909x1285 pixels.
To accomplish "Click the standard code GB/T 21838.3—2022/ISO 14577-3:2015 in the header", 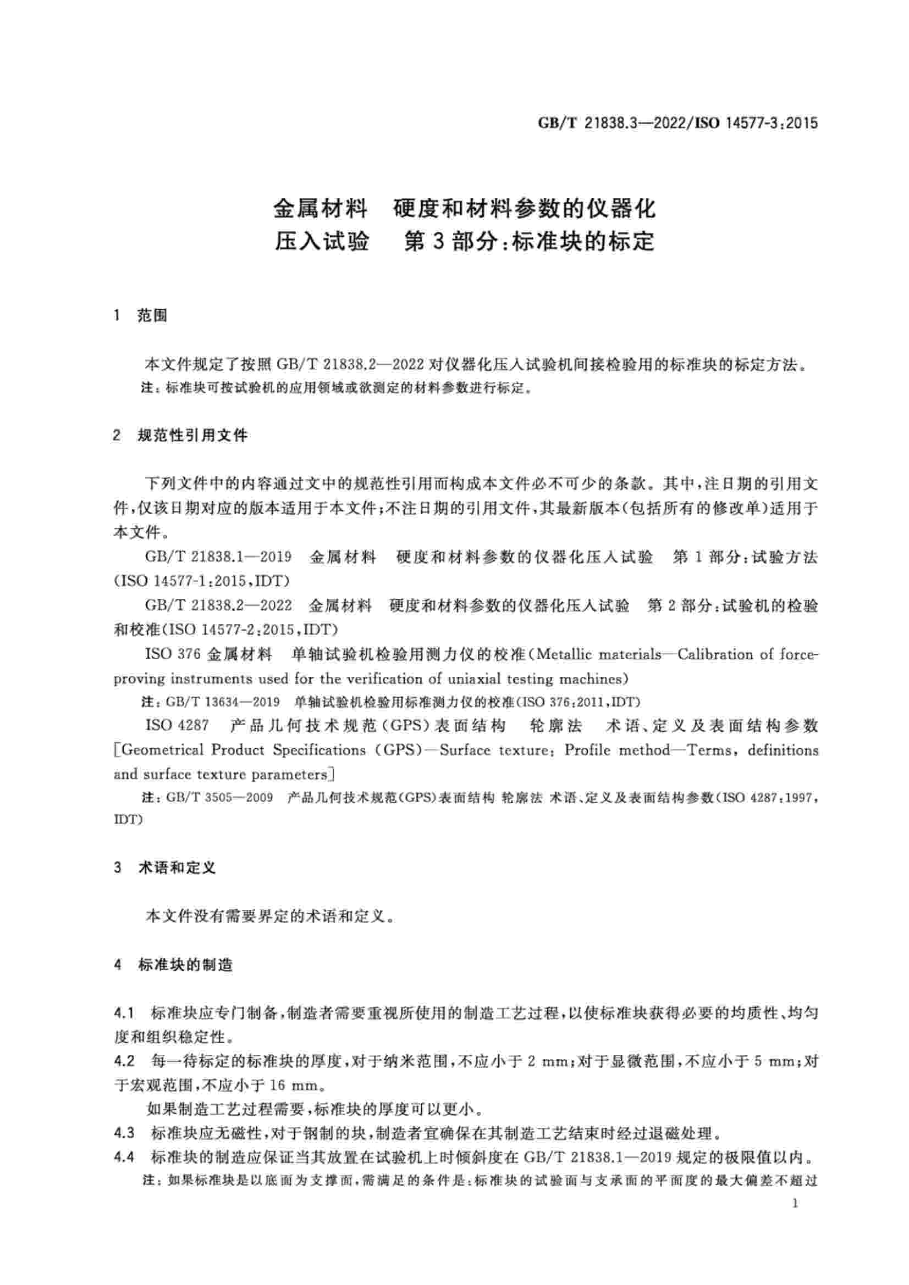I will pos(677,123).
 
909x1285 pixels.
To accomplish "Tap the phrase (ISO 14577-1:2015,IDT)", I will pos(202,581).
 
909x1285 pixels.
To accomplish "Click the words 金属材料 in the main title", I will pos(321,209).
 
